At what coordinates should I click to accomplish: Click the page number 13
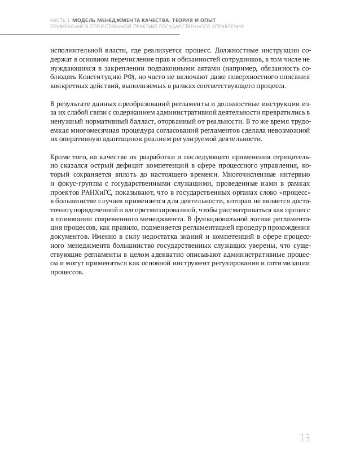[305, 438]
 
